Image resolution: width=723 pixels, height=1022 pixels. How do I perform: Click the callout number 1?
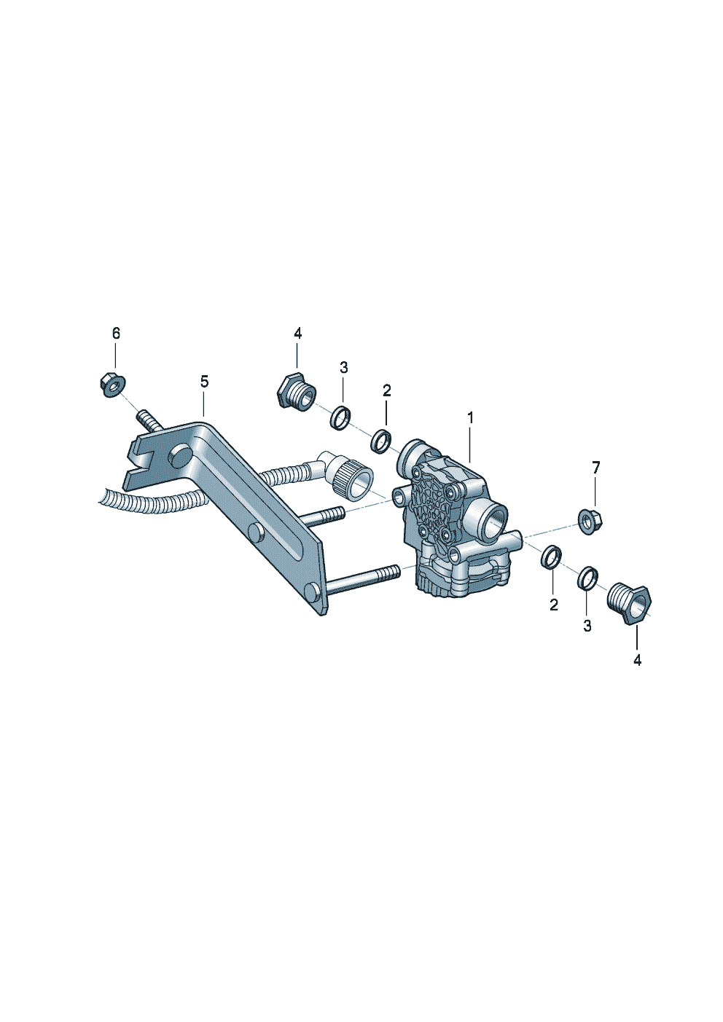pyautogui.click(x=470, y=418)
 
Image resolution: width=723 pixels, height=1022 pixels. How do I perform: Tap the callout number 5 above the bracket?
pyautogui.click(x=204, y=382)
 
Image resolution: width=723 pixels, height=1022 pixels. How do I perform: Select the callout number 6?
pyautogui.click(x=116, y=334)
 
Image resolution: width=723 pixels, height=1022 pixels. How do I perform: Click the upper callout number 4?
pyautogui.click(x=297, y=334)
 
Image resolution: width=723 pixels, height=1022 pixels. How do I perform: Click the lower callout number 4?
pyautogui.click(x=637, y=660)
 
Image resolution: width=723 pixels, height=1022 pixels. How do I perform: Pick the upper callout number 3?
pyautogui.click(x=344, y=367)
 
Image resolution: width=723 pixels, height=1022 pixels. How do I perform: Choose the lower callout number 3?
pyautogui.click(x=587, y=626)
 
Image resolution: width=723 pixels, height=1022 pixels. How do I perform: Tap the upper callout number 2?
pyautogui.click(x=386, y=390)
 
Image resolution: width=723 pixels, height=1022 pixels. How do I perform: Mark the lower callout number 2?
pyautogui.click(x=554, y=605)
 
